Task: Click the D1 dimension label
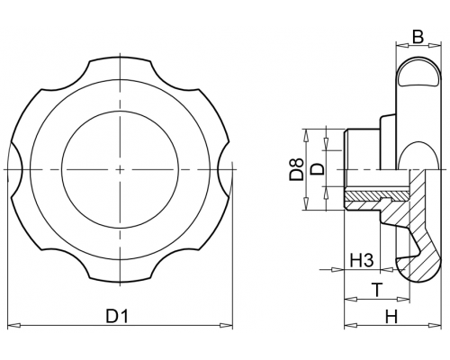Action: [117, 316]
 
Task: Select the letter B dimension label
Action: [418, 37]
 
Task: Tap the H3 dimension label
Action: [362, 260]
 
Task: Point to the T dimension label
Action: [377, 290]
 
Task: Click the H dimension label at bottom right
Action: [391, 317]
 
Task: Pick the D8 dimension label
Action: [296, 170]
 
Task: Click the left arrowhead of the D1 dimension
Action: [13, 325]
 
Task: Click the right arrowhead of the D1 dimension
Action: [226, 325]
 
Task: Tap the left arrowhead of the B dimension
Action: [402, 45]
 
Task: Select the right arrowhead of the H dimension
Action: [435, 325]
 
